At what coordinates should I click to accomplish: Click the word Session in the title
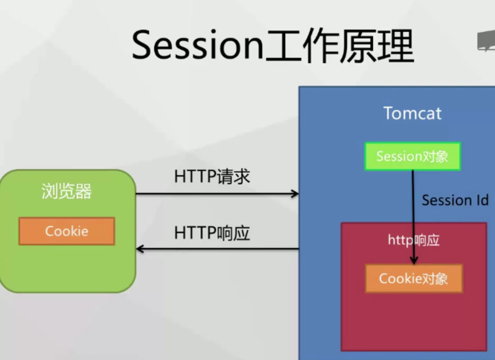pos(197,46)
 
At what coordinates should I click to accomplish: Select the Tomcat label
pos(412,113)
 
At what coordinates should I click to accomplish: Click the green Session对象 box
pos(413,156)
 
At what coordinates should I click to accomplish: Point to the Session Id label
pos(455,200)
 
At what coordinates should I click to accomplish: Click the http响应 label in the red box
pos(414,240)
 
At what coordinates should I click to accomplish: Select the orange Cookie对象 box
pos(414,279)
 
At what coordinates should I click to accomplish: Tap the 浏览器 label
pos(67,192)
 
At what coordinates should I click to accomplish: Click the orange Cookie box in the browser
pos(67,231)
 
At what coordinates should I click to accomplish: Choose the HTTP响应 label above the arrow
pos(212,233)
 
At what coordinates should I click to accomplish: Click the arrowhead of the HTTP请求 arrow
pos(295,194)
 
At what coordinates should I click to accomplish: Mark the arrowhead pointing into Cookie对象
pos(414,260)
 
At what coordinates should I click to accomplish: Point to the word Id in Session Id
pos(481,200)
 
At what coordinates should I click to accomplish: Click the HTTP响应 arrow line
pos(218,249)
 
